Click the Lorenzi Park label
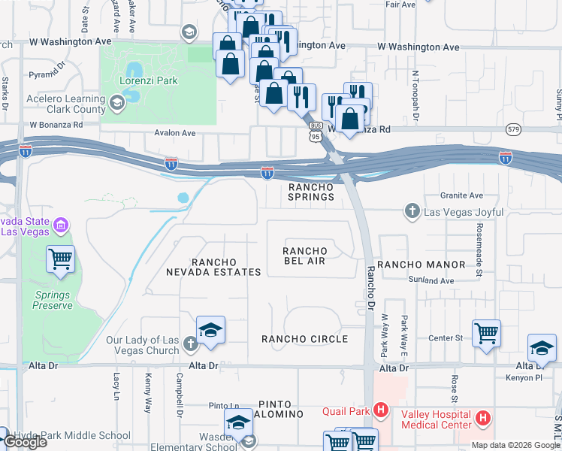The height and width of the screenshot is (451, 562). [148, 80]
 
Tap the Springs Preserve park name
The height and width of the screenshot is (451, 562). [53, 301]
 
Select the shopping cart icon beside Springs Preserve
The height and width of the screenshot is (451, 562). [61, 260]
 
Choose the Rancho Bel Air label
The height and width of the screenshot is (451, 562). [305, 256]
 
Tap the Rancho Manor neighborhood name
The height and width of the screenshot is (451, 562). [421, 265]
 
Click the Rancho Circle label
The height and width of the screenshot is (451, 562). [304, 339]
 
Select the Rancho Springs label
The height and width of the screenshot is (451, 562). [311, 192]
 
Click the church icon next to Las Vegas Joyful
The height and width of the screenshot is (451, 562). [412, 211]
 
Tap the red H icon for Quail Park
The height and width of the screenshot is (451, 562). [381, 410]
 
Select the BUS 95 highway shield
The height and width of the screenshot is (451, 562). [316, 132]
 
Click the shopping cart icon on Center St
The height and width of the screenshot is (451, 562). [486, 333]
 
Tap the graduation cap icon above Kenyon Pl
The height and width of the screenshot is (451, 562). [542, 348]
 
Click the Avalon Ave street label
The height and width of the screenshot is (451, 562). [174, 133]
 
